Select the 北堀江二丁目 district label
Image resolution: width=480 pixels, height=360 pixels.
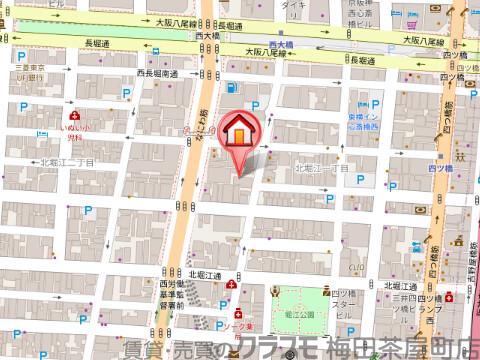[66, 162]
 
